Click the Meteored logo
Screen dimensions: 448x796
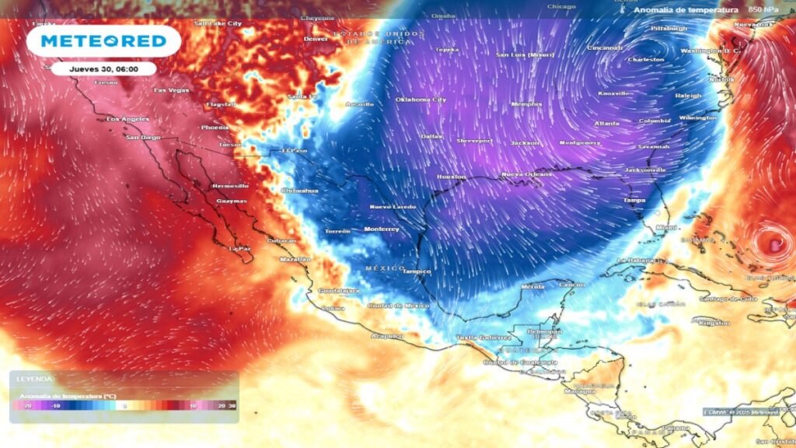point(103,40)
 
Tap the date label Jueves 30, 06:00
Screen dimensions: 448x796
point(103,68)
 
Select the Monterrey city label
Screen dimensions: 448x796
point(381,229)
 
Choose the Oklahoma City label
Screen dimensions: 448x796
point(421,100)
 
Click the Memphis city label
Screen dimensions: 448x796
point(526,103)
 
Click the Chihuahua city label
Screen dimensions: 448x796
point(299,190)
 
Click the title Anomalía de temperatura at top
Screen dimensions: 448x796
point(685,9)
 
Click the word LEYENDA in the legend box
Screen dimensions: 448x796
point(34,379)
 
